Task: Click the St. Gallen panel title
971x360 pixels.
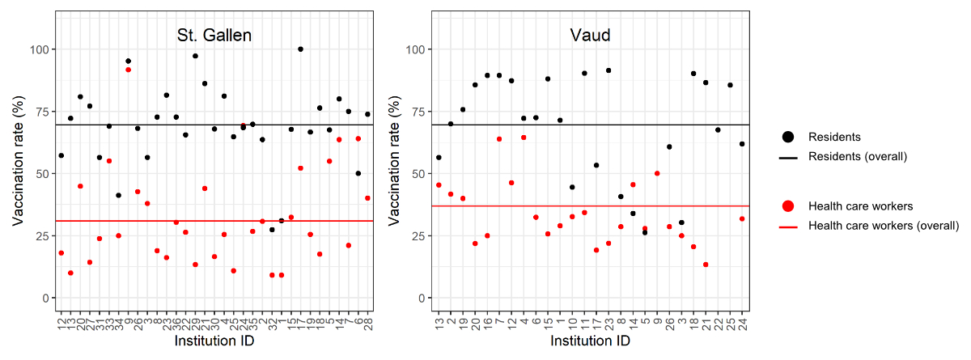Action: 214,36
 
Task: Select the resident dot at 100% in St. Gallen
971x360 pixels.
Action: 301,49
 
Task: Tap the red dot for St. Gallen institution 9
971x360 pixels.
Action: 128,70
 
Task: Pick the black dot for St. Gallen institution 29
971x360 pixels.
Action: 195,56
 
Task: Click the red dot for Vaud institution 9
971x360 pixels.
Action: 657,173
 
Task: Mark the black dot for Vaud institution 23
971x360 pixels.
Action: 608,70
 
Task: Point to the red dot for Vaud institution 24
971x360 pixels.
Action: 742,219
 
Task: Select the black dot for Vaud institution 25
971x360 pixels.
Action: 730,85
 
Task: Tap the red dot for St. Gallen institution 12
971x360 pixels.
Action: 61,253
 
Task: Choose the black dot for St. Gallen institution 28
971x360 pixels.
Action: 367,114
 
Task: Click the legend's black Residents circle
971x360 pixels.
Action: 788,138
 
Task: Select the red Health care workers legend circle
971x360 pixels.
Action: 788,206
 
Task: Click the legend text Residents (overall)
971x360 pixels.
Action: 857,156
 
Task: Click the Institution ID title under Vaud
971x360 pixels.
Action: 591,342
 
